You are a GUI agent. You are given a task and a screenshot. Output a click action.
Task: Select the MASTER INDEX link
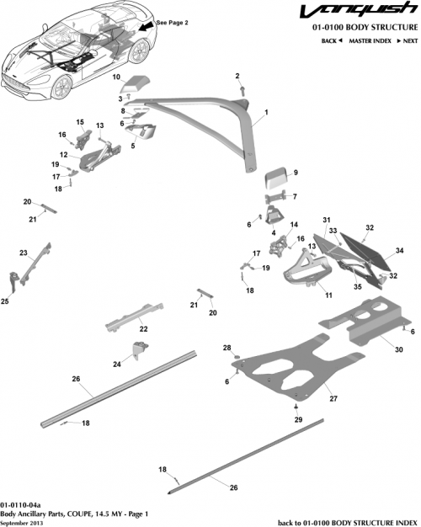pyautogui.click(x=372, y=40)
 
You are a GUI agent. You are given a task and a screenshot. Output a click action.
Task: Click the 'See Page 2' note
pyautogui.click(x=171, y=23)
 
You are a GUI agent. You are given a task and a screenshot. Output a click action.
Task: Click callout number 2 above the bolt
pyautogui.click(x=238, y=76)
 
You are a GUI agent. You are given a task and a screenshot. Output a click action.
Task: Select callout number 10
pyautogui.click(x=118, y=77)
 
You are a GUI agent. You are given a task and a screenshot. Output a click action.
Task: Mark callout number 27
pyautogui.click(x=333, y=397)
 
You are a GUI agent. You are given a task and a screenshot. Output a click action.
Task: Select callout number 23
pyautogui.click(x=24, y=253)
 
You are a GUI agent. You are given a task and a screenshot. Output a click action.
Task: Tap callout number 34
pyautogui.click(x=400, y=250)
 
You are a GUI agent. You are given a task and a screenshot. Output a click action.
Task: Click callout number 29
pyautogui.click(x=297, y=418)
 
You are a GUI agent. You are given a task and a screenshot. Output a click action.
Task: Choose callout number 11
pyautogui.click(x=328, y=295)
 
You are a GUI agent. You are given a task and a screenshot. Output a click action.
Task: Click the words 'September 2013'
pyautogui.click(x=23, y=522)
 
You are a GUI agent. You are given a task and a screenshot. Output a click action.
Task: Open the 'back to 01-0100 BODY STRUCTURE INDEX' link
pyautogui.click(x=347, y=522)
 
